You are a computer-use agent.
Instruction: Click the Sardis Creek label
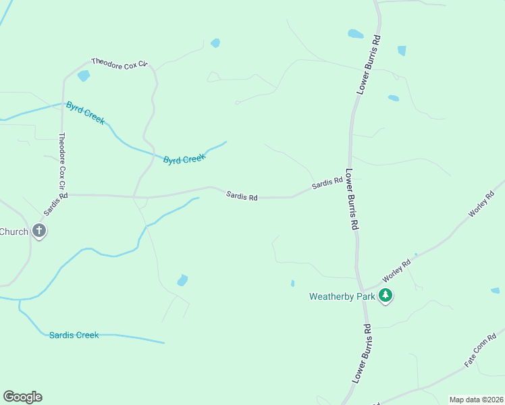74,335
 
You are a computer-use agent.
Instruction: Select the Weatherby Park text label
341,296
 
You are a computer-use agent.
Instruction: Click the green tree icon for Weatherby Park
386,295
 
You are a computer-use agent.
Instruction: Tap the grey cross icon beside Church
39,232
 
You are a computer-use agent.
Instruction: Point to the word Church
14,232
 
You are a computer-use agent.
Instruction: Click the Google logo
22,397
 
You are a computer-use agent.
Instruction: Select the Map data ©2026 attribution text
476,400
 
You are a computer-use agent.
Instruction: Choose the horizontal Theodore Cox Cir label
119,63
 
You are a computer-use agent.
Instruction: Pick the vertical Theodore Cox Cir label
61,161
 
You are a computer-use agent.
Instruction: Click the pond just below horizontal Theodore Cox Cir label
84,76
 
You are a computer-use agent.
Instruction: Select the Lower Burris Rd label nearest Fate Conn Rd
363,354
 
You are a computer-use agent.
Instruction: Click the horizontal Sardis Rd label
242,196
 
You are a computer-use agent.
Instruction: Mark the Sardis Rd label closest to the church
56,205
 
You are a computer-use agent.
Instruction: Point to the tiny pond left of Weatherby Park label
292,283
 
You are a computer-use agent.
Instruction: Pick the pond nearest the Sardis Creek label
182,280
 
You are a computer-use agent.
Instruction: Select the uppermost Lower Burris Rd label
369,65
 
